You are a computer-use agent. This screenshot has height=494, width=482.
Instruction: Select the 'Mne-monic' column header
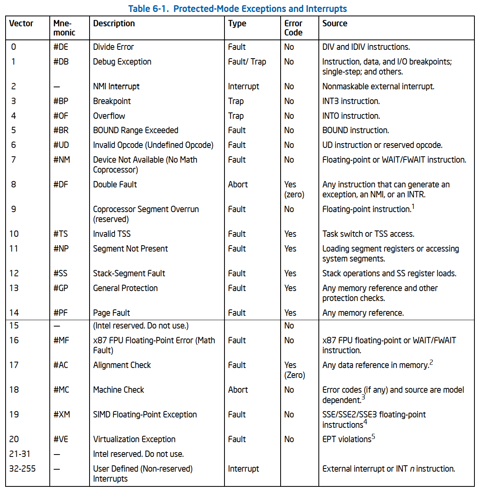(64, 28)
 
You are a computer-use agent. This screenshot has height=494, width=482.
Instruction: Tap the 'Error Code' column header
(293, 28)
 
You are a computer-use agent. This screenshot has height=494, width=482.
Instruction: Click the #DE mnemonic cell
(61, 47)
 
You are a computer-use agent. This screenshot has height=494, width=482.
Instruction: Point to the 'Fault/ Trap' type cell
(247, 62)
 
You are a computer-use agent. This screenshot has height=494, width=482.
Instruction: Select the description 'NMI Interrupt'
(116, 87)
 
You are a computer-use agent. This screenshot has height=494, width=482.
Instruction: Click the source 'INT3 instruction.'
(351, 101)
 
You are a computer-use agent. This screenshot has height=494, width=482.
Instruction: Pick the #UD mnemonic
(61, 145)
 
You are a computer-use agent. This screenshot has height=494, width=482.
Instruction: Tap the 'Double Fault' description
(115, 185)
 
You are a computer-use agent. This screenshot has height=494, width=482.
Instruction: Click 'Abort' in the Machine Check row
(238, 390)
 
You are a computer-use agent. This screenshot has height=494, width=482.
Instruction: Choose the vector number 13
(14, 288)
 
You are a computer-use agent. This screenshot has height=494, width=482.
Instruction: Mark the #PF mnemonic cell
(61, 313)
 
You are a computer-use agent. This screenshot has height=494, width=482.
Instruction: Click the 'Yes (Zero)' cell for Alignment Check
(294, 370)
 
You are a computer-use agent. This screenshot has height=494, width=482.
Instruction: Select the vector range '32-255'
(22, 469)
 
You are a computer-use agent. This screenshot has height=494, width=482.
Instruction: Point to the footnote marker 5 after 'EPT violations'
(373, 437)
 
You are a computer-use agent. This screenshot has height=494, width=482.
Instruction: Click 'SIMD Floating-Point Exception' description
(145, 415)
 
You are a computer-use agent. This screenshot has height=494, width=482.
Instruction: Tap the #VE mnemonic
(61, 439)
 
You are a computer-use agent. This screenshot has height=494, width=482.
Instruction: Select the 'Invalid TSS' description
(112, 234)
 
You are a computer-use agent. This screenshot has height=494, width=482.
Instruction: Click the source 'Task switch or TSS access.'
(368, 234)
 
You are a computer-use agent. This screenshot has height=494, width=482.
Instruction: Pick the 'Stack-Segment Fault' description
(129, 274)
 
